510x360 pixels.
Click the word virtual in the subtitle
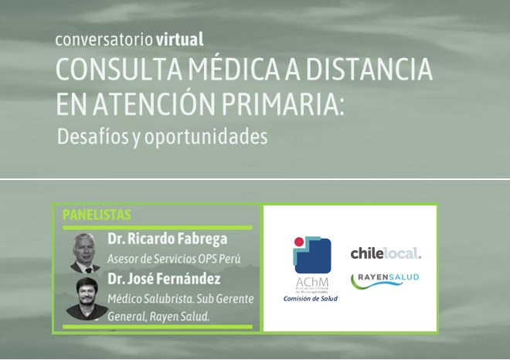pos(179,39)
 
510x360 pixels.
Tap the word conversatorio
pos(104,40)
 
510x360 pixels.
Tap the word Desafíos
pos(93,136)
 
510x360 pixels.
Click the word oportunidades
pos(206,138)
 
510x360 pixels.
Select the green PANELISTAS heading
pos(97,215)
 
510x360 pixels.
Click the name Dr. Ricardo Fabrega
pos(168,239)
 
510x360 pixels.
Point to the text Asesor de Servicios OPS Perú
pos(174,259)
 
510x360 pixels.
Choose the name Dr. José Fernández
pos(164,279)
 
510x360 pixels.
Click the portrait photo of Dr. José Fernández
pos(87,298)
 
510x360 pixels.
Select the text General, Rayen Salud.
pos(158,317)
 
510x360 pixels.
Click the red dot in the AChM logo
pos(299,241)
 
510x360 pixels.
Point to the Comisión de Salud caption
pos(311,298)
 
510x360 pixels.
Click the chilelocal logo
pos(386,253)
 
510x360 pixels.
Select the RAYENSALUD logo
pos(385,281)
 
